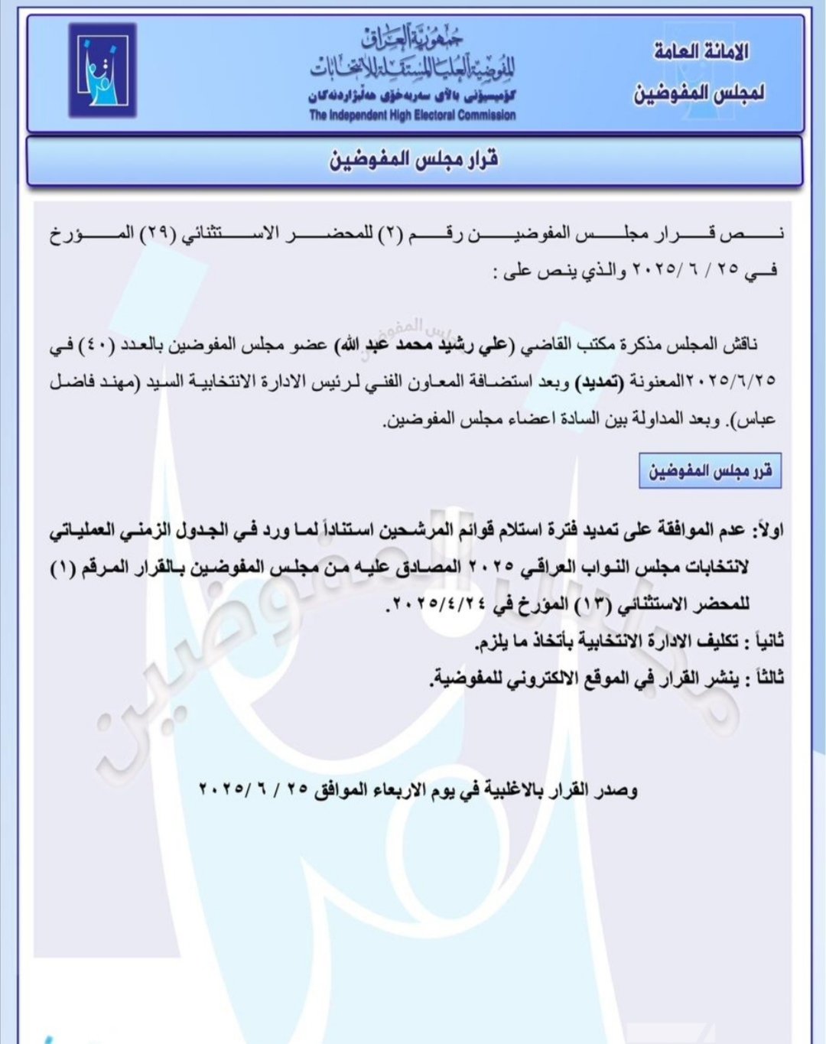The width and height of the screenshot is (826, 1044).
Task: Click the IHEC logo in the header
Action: tap(102, 70)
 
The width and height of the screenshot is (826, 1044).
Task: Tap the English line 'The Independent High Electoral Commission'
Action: tap(412, 115)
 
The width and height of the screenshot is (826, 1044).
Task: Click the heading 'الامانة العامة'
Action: tap(701, 51)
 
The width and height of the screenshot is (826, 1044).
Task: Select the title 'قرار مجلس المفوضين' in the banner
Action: tap(414, 160)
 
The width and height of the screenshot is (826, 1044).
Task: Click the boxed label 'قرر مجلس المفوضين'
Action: tap(710, 470)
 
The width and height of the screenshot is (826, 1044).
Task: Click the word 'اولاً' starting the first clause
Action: tap(767, 529)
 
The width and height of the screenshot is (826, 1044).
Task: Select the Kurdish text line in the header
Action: tap(412, 96)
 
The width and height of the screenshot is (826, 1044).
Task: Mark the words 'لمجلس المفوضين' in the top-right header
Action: tap(699, 93)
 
